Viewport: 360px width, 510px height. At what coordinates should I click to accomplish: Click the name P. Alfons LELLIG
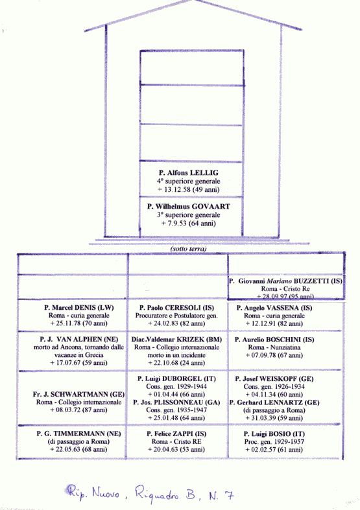click(x=189, y=173)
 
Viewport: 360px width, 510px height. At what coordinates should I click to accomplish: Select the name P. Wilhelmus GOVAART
click(x=189, y=207)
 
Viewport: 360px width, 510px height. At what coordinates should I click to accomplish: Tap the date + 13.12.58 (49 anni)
click(x=189, y=190)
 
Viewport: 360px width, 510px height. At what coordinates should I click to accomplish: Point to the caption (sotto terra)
click(x=189, y=249)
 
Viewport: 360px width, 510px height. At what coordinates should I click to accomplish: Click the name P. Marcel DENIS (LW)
click(x=79, y=308)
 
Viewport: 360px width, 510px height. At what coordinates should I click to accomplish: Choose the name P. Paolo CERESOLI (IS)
click(x=176, y=308)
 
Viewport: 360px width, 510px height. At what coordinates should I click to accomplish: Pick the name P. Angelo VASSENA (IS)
click(x=274, y=308)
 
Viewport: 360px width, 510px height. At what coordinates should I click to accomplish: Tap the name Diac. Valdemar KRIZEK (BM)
click(x=176, y=340)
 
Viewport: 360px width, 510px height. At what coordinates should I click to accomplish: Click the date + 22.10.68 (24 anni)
click(x=176, y=363)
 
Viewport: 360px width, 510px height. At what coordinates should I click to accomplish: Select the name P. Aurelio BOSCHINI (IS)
click(x=274, y=340)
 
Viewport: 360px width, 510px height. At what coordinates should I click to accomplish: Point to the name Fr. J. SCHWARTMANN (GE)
click(x=78, y=395)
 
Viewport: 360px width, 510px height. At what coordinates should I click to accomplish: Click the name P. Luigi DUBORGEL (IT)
click(x=176, y=379)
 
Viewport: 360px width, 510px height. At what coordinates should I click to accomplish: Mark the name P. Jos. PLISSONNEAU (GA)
click(x=176, y=402)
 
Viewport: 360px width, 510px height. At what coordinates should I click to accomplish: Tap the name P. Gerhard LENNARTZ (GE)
click(x=274, y=402)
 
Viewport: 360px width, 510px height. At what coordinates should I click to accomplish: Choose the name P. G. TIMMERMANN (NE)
click(x=78, y=434)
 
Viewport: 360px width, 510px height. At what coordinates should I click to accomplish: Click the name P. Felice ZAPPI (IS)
click(x=176, y=434)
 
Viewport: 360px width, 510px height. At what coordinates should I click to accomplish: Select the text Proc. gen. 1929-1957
click(x=274, y=442)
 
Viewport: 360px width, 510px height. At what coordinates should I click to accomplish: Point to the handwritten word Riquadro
click(x=157, y=493)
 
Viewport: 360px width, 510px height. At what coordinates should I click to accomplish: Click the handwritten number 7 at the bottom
click(x=229, y=494)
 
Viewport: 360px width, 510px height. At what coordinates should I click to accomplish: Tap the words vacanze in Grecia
click(x=78, y=355)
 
